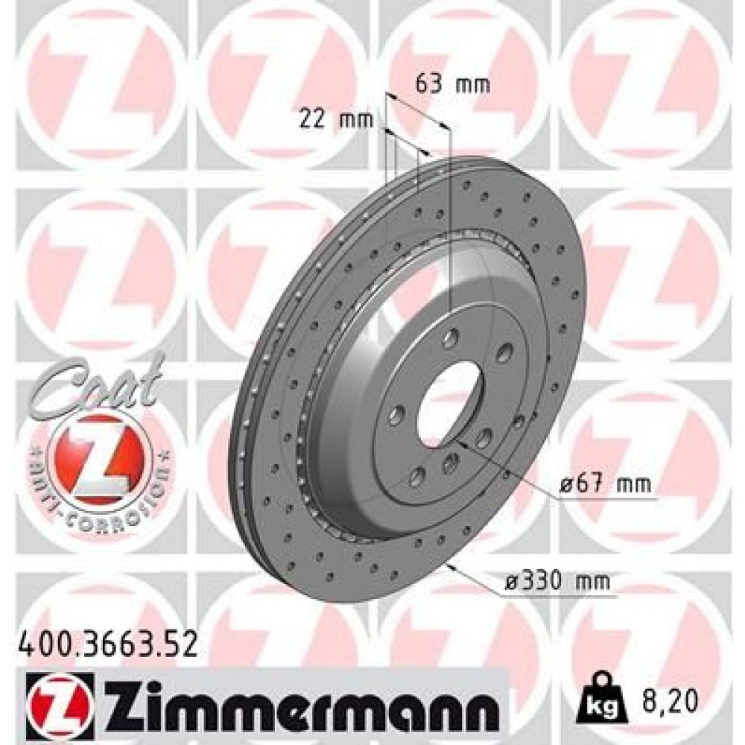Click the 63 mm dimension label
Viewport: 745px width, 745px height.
(x=452, y=84)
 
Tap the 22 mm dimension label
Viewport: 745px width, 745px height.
(x=335, y=118)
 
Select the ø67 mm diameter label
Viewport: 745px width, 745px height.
(x=605, y=485)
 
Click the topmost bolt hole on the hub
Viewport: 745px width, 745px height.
(x=450, y=340)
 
